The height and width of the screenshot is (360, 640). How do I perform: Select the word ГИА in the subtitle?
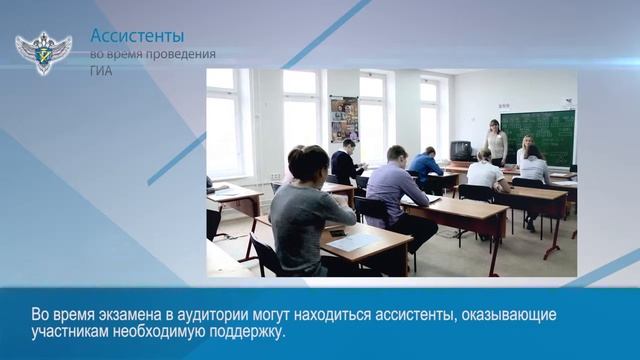point(101,71)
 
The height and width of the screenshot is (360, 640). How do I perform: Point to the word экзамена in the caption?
point(129,315)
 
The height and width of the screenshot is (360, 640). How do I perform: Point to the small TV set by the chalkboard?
point(462,151)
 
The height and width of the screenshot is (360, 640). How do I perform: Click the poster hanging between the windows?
point(344,118)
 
